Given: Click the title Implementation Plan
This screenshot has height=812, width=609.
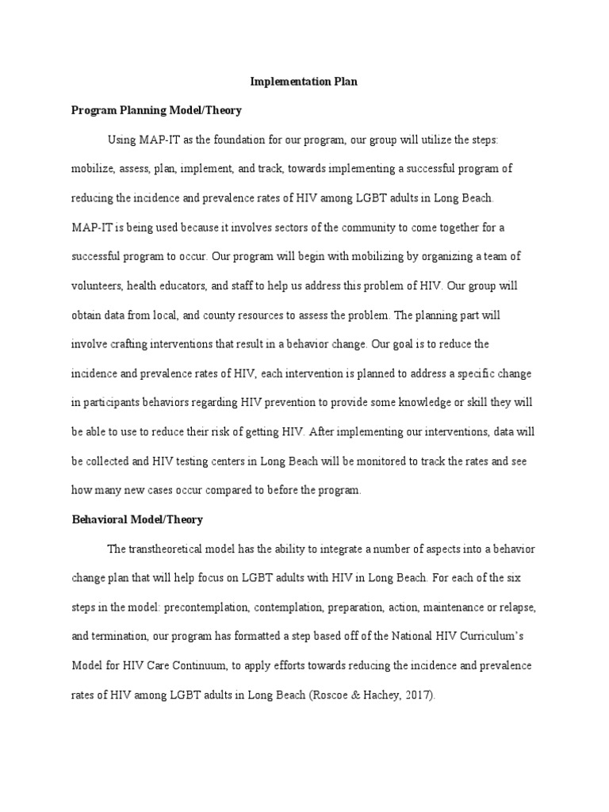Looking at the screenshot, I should click(304, 82).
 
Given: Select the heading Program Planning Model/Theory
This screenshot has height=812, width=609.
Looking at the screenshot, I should click(156, 110).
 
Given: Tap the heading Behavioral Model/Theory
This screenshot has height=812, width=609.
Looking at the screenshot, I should click(137, 519).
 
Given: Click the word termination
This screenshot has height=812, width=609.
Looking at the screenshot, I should click(125, 637).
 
